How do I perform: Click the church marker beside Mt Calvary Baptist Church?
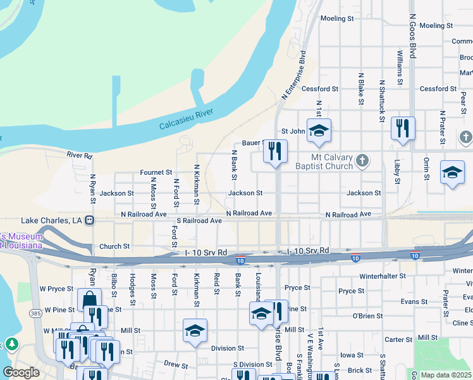pos(362,160)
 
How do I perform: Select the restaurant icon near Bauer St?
pos(274,151)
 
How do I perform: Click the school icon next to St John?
pos(319,130)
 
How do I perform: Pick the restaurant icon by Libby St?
pos(403,129)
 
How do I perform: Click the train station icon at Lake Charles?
pos(90,220)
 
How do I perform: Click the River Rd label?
pos(80,155)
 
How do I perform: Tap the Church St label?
pos(114,246)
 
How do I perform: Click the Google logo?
pos(21,372)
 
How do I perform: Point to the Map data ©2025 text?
pos(446,375)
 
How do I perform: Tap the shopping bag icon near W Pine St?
pos(89,300)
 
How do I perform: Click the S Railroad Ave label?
pos(199,220)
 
